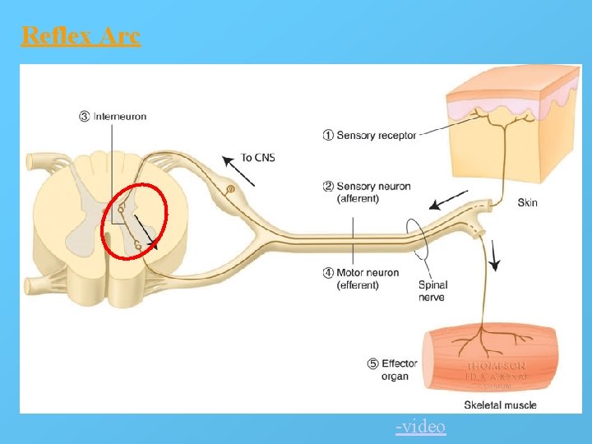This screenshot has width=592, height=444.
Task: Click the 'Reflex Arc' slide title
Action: click(81, 35)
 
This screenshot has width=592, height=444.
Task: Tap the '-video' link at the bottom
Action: click(420, 427)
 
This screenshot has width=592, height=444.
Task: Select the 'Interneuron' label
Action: click(119, 117)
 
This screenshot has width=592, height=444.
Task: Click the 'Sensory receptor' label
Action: click(376, 135)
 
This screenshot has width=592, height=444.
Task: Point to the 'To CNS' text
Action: click(257, 157)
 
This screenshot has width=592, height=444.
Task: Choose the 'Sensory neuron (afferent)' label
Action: click(372, 192)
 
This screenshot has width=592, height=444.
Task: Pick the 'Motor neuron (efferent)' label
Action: click(368, 279)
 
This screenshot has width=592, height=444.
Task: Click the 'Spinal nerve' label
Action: click(432, 291)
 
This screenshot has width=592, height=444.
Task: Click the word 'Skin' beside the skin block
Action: click(527, 202)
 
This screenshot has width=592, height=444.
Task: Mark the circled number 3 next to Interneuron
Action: click(84, 117)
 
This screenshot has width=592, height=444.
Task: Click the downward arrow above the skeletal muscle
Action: click(494, 254)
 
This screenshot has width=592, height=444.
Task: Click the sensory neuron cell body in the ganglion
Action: click(230, 189)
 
